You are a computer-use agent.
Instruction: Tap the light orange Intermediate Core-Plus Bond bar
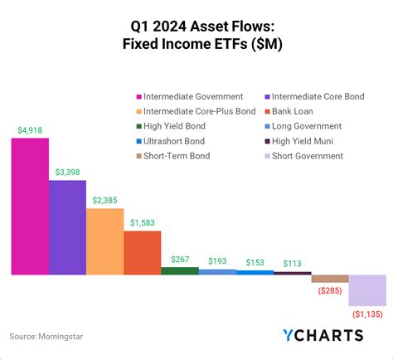(104, 241)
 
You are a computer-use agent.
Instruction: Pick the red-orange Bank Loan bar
(143, 252)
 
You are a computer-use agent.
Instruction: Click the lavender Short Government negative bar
(367, 290)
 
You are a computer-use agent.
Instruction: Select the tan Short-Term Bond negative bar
(330, 279)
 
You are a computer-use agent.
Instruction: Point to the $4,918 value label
(30, 130)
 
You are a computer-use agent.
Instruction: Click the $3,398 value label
(67, 172)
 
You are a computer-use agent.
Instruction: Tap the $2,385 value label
(105, 200)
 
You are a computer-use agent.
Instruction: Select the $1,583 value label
(143, 222)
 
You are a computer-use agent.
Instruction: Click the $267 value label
(180, 259)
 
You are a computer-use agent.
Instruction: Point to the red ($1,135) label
(366, 315)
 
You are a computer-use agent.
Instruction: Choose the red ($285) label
(330, 291)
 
